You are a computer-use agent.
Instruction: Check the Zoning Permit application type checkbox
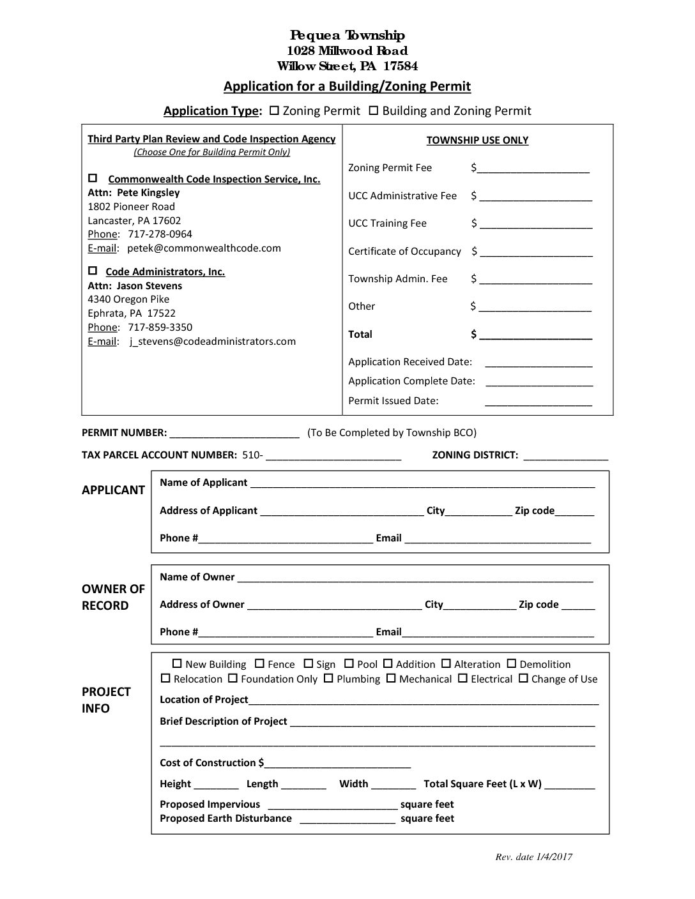pos(274,110)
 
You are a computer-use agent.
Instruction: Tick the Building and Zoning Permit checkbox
pos(374,110)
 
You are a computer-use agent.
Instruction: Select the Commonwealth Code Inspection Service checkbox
pos(93,178)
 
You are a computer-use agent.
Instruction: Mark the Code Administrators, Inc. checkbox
pos(93,270)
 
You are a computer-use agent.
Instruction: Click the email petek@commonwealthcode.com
pos(204,248)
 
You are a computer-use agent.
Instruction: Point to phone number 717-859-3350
pos(160,328)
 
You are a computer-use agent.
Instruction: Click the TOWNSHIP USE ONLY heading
pos(477,140)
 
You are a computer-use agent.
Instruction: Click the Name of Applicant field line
pos(422,484)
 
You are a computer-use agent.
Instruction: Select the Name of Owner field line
pos(415,578)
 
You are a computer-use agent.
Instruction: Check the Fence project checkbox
pos(259,664)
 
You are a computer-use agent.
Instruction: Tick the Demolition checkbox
pos(512,664)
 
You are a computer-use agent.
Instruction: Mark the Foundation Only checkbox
pos(233,679)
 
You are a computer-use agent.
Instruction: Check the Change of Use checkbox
pos(523,679)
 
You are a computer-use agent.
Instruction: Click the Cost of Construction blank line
pos(337,764)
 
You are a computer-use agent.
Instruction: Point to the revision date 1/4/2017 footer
pos(533,857)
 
